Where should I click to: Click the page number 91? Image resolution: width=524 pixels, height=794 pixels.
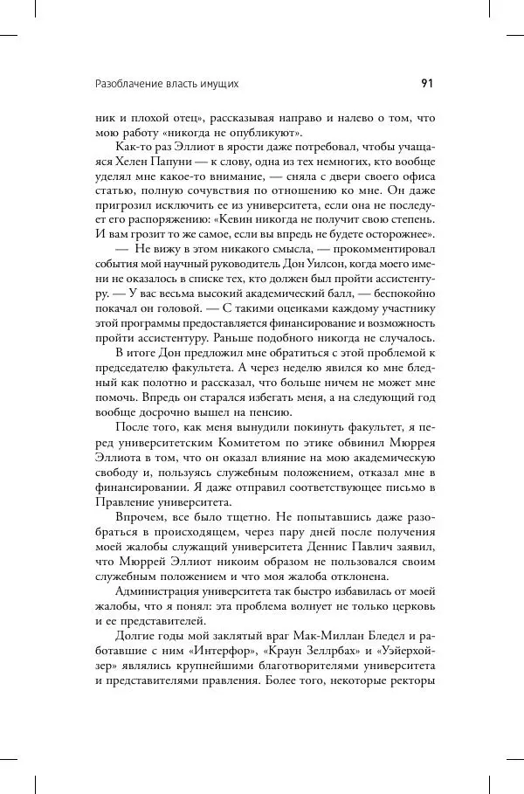coord(427,84)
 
